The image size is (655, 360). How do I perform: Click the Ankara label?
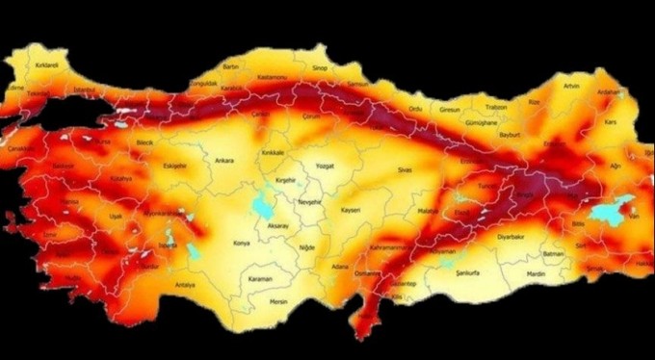pyautogui.click(x=224, y=160)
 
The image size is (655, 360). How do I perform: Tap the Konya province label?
pyautogui.click(x=242, y=244)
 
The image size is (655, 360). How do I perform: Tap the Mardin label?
pyautogui.click(x=537, y=272)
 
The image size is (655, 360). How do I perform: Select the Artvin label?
pyautogui.click(x=572, y=86)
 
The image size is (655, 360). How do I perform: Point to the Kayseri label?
pyautogui.click(x=351, y=209)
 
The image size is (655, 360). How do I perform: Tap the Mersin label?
pyautogui.click(x=279, y=300)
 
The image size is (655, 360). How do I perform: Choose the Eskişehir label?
pyautogui.click(x=174, y=165)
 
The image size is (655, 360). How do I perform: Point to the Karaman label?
pyautogui.click(x=259, y=279)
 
